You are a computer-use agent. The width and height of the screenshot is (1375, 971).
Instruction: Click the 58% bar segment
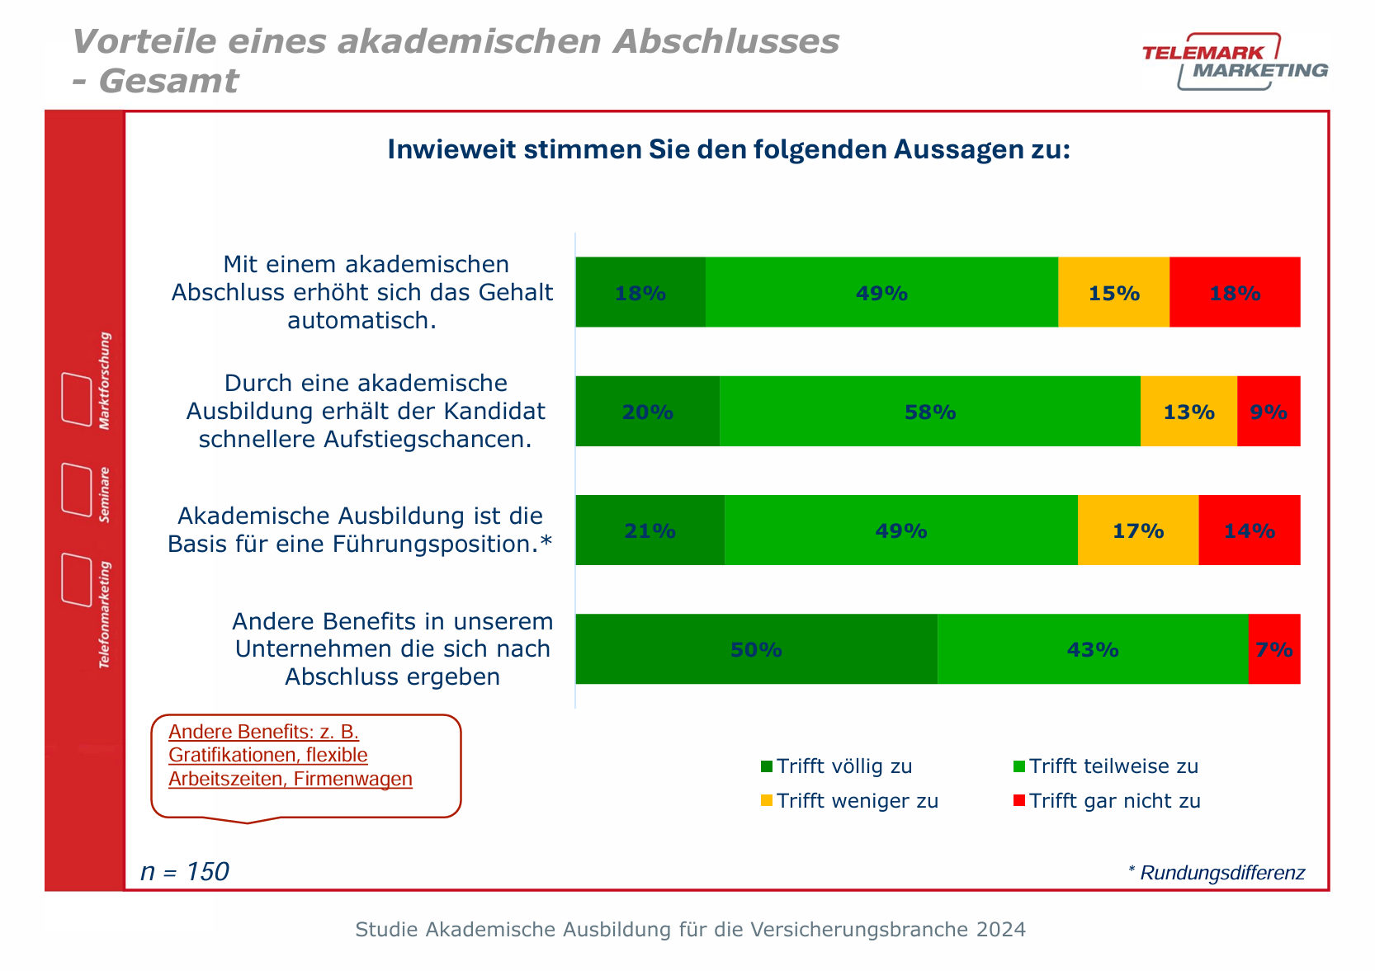click(x=929, y=412)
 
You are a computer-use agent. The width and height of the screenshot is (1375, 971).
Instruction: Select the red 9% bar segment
click(x=1269, y=412)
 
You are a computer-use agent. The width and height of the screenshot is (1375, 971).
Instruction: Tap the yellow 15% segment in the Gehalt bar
click(x=1113, y=293)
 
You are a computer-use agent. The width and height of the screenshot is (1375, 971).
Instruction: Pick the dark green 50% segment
click(x=756, y=649)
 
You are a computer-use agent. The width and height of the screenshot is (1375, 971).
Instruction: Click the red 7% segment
click(x=1274, y=649)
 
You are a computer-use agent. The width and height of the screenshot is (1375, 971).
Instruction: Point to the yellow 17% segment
click(x=1137, y=530)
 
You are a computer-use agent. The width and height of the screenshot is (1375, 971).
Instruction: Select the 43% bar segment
click(x=1092, y=649)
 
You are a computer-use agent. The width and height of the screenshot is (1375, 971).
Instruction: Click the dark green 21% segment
click(x=650, y=530)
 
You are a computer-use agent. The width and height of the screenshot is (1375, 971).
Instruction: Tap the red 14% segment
click(x=1249, y=530)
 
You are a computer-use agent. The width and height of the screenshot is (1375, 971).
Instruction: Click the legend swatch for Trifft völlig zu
click(x=767, y=766)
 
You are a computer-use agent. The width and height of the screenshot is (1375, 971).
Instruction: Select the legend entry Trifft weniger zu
click(x=857, y=801)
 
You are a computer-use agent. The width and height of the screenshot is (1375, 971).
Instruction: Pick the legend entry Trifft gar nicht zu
click(x=1114, y=801)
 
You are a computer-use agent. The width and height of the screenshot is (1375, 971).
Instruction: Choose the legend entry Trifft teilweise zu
click(x=1113, y=766)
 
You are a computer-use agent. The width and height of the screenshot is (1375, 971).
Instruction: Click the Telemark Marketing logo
click(x=1235, y=62)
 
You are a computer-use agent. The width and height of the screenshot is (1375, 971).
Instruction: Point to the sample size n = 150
click(x=185, y=872)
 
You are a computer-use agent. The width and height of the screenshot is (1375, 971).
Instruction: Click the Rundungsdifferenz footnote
click(x=1216, y=873)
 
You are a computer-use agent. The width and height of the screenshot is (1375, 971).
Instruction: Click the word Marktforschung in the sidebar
click(x=105, y=381)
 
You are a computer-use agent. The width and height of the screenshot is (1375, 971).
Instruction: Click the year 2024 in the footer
click(x=1001, y=930)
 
